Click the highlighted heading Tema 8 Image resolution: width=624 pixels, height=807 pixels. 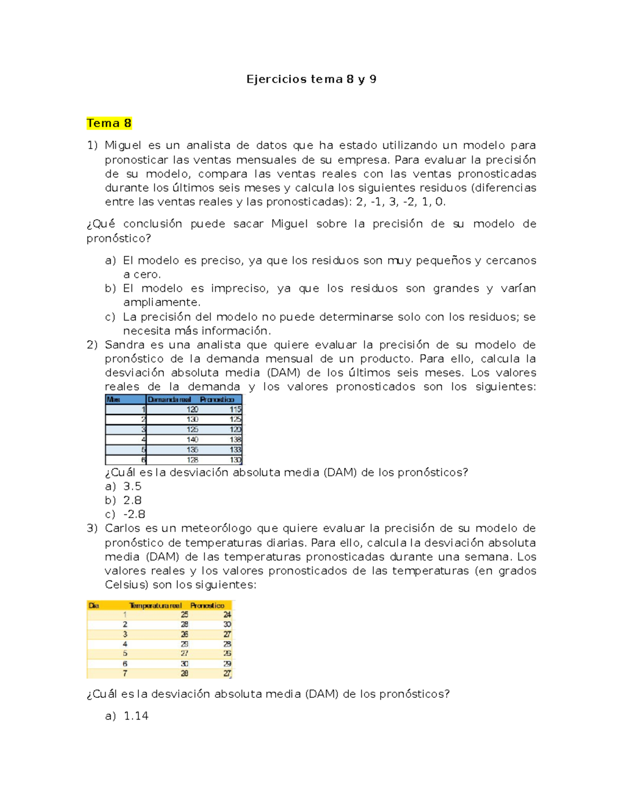tap(109, 123)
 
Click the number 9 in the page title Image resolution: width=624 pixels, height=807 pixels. tap(373, 79)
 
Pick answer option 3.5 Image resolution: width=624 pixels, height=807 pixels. tap(132, 486)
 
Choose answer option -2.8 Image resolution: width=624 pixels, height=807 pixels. tap(134, 514)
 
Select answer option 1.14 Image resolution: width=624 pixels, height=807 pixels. tap(136, 716)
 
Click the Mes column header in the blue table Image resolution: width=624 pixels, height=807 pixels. tap(113, 400)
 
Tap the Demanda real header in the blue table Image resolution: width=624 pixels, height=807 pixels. tap(169, 400)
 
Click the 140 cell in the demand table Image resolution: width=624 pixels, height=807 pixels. tap(192, 440)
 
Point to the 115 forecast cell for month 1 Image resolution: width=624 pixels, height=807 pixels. tap(235, 409)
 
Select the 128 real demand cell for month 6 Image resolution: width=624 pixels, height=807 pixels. tap(192, 460)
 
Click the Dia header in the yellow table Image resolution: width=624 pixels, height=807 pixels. tap(94, 605)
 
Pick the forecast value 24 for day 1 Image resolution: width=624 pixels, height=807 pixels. tap(227, 615)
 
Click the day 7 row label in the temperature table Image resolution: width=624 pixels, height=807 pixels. tap(125, 673)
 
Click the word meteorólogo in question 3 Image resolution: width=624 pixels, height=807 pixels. tap(216, 528)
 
